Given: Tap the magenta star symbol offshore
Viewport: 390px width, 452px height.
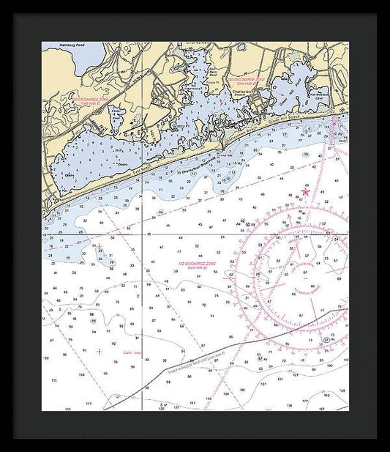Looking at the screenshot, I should pos(306,192).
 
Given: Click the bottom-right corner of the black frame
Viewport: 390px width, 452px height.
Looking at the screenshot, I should pos(377,439).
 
